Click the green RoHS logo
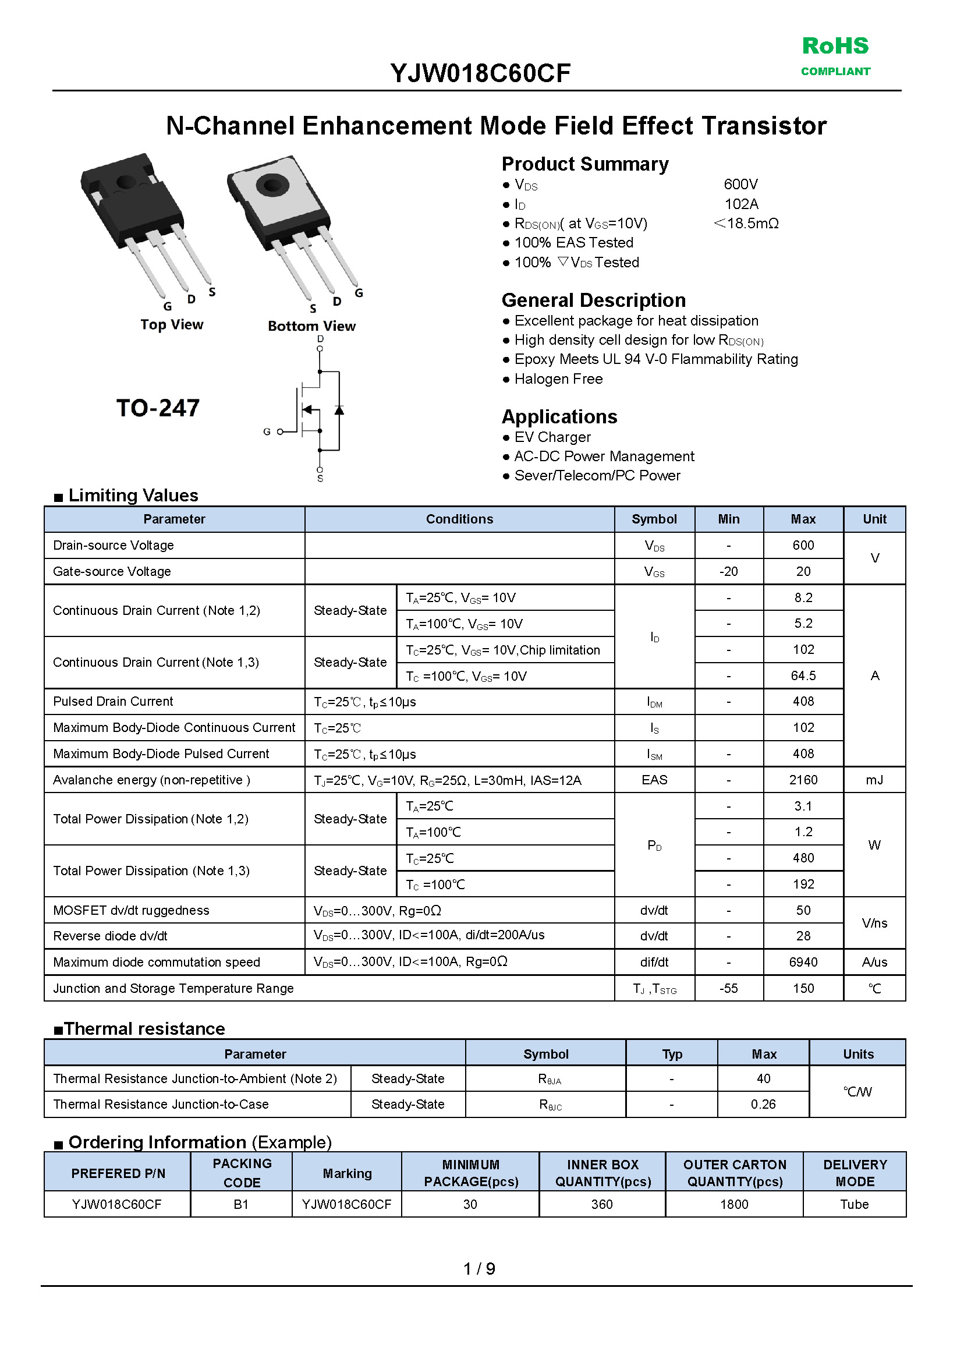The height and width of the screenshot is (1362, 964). [x=835, y=55]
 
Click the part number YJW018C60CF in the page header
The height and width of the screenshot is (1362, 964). [x=480, y=73]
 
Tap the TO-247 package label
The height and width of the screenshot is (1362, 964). [x=158, y=408]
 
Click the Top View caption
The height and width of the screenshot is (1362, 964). [x=172, y=325]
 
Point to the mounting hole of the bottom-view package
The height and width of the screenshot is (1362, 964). [x=272, y=185]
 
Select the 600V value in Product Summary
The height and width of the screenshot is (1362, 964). [x=741, y=184]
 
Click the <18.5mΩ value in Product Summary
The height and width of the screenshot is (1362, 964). [x=746, y=223]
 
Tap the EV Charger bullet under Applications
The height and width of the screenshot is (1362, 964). [x=552, y=437]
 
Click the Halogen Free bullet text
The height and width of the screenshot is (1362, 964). [x=558, y=379]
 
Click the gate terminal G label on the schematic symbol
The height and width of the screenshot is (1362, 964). [x=267, y=431]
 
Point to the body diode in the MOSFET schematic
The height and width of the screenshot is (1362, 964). [x=339, y=410]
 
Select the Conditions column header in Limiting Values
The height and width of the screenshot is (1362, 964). [x=459, y=519]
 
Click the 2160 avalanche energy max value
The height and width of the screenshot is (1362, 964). [x=803, y=780]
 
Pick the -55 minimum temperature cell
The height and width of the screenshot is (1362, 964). [x=728, y=988]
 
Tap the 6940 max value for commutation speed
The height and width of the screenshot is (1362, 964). [x=803, y=962]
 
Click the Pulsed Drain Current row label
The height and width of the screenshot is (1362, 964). [x=113, y=701]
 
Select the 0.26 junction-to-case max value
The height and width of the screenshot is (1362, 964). [x=763, y=1103]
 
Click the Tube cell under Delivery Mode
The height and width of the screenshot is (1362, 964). [x=854, y=1204]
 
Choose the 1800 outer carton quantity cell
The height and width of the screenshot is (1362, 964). [x=734, y=1204]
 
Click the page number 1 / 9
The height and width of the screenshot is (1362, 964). [x=479, y=1269]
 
